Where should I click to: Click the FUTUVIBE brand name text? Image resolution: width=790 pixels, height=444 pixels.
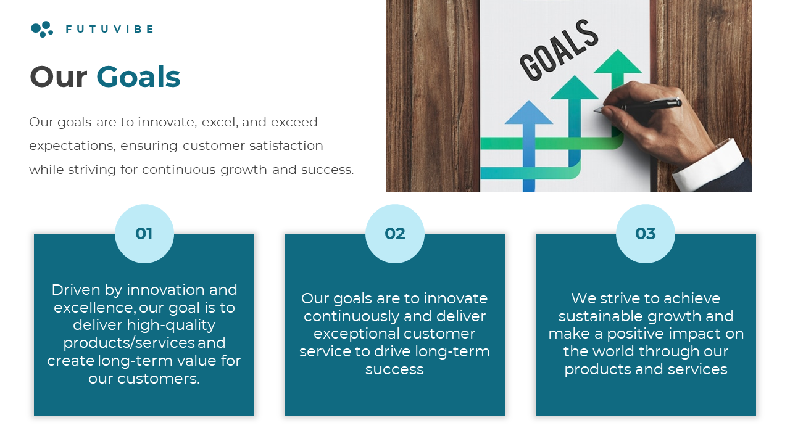(110, 29)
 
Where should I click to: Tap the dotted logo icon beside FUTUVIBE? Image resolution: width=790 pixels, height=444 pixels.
(42, 29)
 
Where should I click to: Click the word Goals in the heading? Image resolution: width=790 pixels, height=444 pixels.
(138, 77)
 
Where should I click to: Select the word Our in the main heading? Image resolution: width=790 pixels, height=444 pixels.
(59, 77)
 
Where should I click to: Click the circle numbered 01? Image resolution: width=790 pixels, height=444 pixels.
(144, 234)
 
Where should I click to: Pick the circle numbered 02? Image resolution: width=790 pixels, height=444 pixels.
(395, 234)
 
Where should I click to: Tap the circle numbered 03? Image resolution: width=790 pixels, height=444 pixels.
(646, 234)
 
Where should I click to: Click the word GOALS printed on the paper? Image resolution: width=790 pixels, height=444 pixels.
(559, 49)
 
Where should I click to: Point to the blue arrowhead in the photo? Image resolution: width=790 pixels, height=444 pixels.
(529, 113)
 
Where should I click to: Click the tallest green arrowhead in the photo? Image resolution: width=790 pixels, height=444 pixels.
(618, 62)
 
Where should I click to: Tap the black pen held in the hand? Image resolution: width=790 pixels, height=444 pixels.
(638, 105)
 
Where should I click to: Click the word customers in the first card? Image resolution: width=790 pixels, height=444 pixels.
(159, 379)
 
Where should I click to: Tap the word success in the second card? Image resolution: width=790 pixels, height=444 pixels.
(394, 369)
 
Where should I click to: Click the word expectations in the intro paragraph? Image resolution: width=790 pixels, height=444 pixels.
(72, 146)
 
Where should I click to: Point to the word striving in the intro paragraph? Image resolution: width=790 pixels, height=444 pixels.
(92, 170)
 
